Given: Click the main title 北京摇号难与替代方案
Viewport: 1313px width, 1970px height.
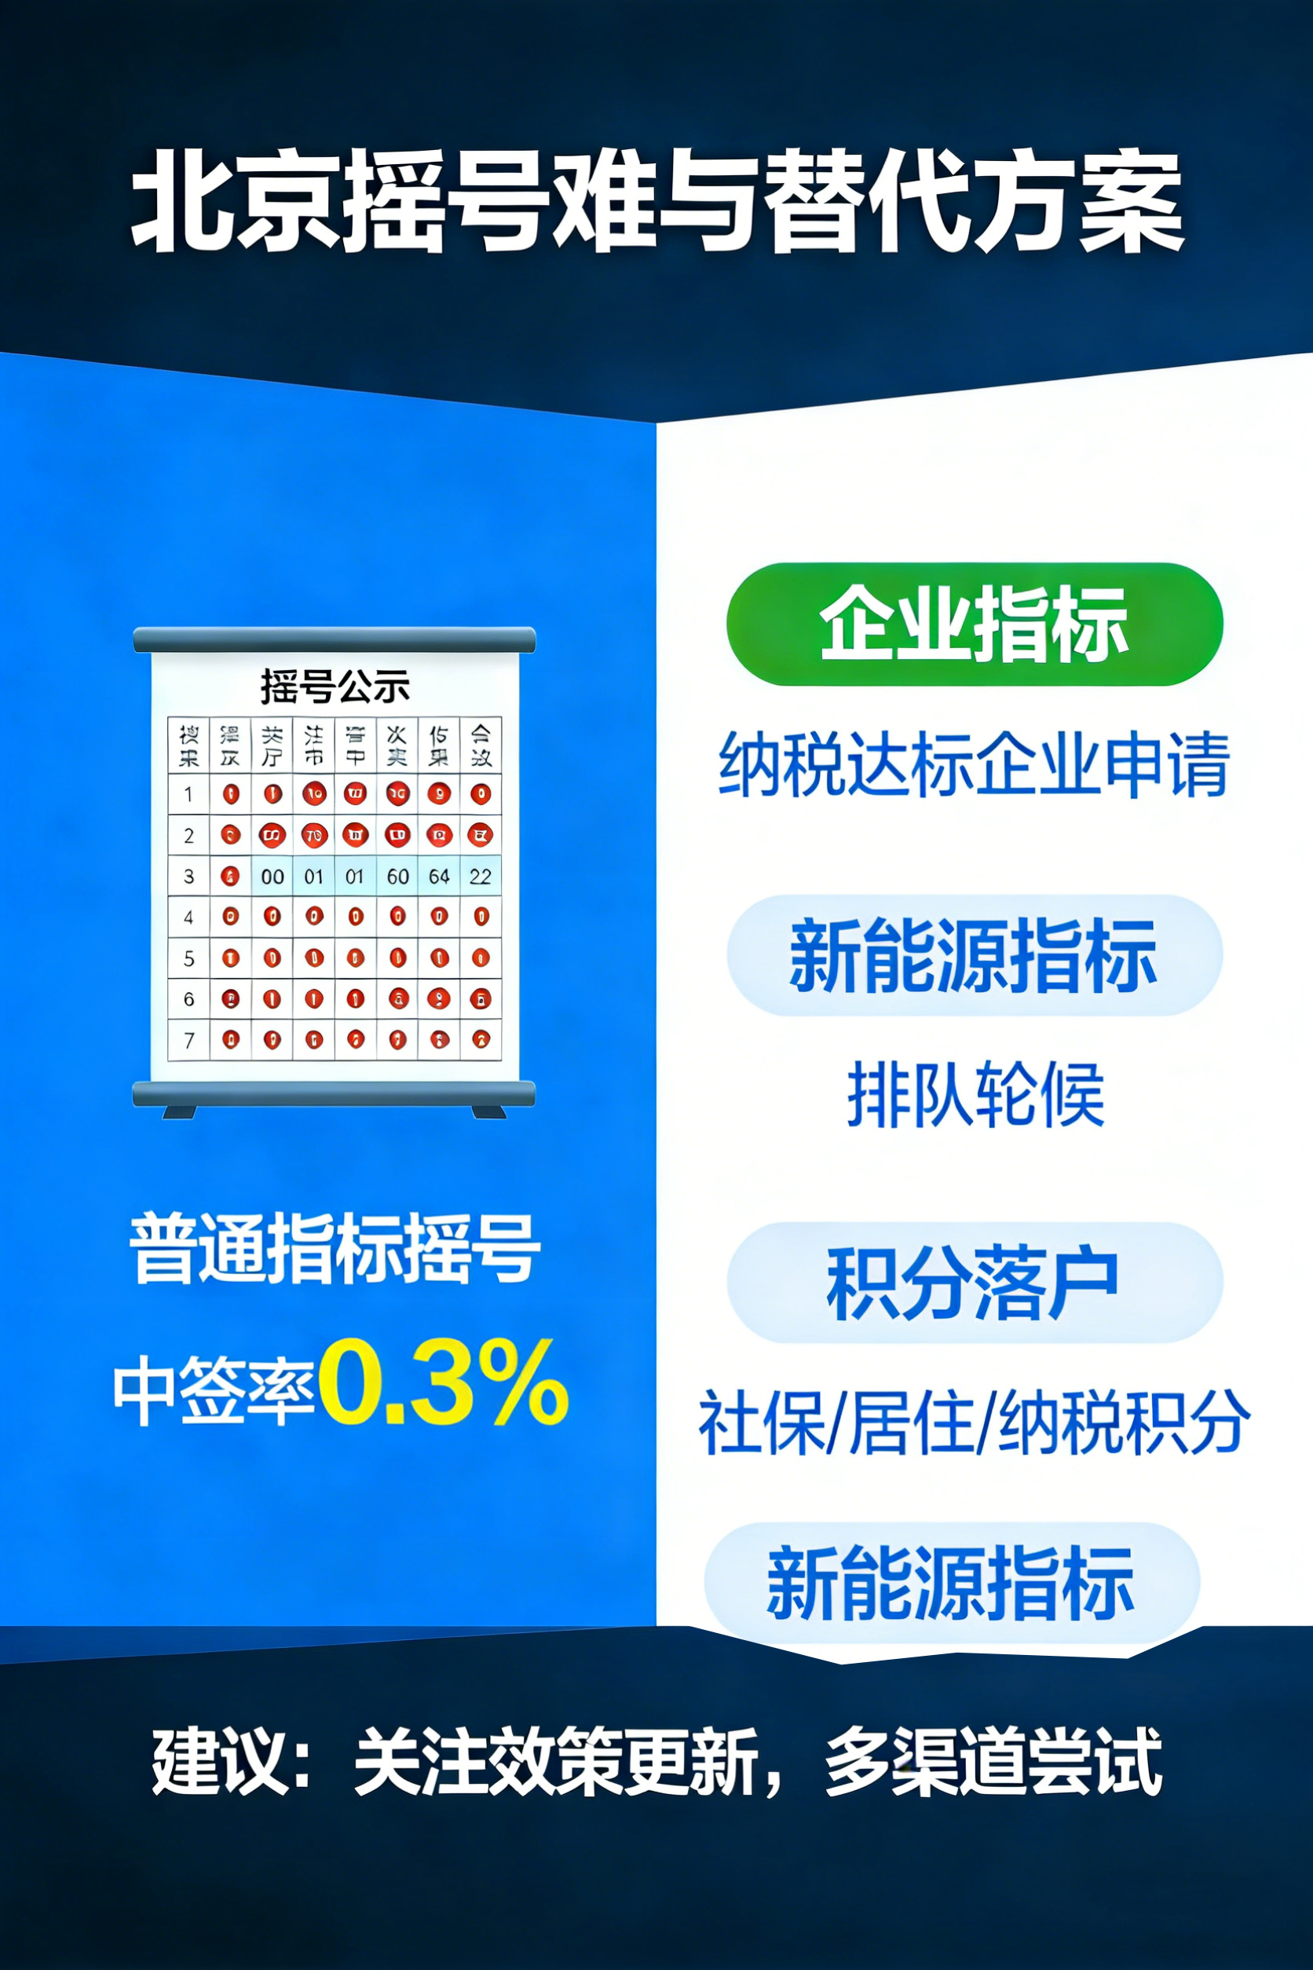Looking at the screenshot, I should (656, 201).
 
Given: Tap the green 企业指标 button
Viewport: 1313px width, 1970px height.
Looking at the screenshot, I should (974, 624).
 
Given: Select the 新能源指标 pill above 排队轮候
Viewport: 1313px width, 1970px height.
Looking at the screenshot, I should (974, 955).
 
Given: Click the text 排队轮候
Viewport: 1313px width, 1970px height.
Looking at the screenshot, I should (975, 1093).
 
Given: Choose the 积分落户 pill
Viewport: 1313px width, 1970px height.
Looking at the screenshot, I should (974, 1283).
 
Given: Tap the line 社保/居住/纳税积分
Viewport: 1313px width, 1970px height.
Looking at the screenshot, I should (974, 1422).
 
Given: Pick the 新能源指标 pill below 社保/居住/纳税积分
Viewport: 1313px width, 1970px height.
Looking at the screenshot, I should (951, 1582).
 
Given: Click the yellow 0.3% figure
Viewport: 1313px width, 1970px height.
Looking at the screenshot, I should (443, 1383).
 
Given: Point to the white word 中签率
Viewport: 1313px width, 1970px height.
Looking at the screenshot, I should (214, 1390).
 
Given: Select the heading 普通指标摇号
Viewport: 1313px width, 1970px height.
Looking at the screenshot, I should (335, 1248).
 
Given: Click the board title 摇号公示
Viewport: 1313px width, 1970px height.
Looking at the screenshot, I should (335, 686).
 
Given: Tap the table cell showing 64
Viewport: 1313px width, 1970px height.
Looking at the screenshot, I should (439, 876).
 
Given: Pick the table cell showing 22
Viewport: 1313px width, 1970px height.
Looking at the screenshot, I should (481, 876).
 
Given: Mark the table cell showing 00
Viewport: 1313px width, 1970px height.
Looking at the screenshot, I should (272, 876).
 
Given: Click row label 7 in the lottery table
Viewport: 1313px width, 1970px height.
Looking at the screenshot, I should (188, 1040).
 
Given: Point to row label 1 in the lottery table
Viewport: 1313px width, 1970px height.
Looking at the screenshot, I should (188, 794).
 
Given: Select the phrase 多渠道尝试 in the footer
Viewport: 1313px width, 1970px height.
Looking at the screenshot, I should (993, 1759).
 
